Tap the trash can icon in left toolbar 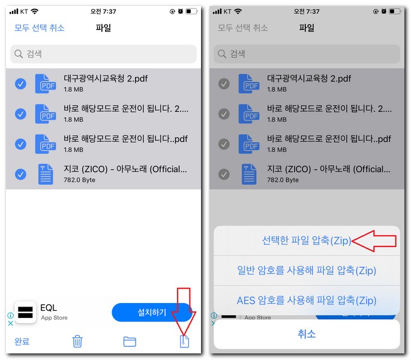pyautogui.click(x=77, y=341)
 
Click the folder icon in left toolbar pyautogui.click(x=130, y=341)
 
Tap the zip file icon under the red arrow pyautogui.click(x=185, y=341)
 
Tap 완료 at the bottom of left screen pyautogui.click(x=22, y=341)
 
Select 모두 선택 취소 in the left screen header pyautogui.click(x=40, y=28)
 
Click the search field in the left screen pyautogui.click(x=103, y=54)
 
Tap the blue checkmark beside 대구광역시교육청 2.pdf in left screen pyautogui.click(x=20, y=84)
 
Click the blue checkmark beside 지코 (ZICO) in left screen pyautogui.click(x=20, y=174)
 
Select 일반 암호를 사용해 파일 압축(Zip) pyautogui.click(x=307, y=271)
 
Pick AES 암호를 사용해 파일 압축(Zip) pyautogui.click(x=307, y=300)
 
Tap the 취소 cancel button pyautogui.click(x=307, y=334)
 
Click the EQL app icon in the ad pyautogui.click(x=25, y=313)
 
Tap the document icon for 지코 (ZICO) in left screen pyautogui.click(x=46, y=174)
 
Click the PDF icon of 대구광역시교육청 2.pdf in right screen pyautogui.click(x=248, y=84)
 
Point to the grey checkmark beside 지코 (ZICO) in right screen pyautogui.click(x=224, y=174)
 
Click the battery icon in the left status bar pyautogui.click(x=191, y=11)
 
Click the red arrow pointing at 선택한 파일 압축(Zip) pyautogui.click(x=374, y=241)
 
